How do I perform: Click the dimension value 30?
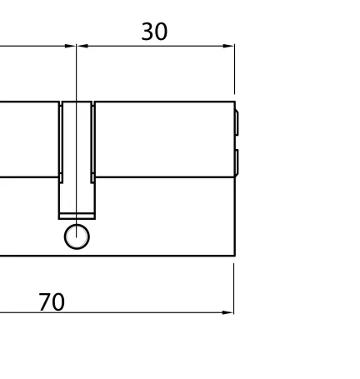(x=154, y=32)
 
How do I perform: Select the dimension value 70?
(x=51, y=302)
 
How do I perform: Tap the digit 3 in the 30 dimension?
(x=147, y=32)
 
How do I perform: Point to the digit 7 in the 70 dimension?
(x=44, y=302)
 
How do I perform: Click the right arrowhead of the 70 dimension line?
(x=228, y=312)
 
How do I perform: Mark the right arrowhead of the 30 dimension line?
(x=229, y=46)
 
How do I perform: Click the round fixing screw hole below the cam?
(x=77, y=237)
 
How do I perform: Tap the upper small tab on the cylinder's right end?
(x=237, y=122)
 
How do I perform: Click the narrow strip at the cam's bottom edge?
(x=77, y=217)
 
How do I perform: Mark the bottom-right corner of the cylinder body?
(x=234, y=255)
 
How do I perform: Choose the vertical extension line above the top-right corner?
(x=234, y=71)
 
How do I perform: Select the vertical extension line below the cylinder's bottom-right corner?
(x=234, y=287)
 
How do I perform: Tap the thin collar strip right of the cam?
(x=92, y=139)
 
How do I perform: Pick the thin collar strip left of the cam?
(x=61, y=139)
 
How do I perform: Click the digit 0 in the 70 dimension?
(x=57, y=302)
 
